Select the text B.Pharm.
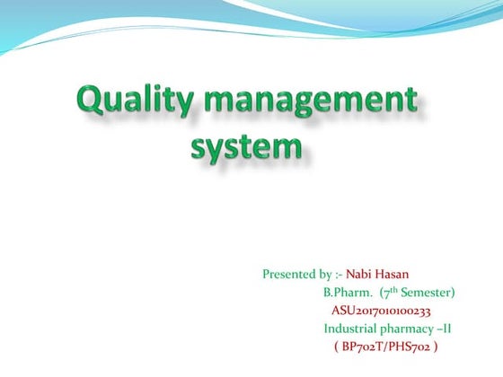[x=346, y=292]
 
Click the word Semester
[x=428, y=292]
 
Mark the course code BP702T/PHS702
[x=387, y=346]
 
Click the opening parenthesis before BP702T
[x=336, y=346]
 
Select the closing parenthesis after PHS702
[x=437, y=346]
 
